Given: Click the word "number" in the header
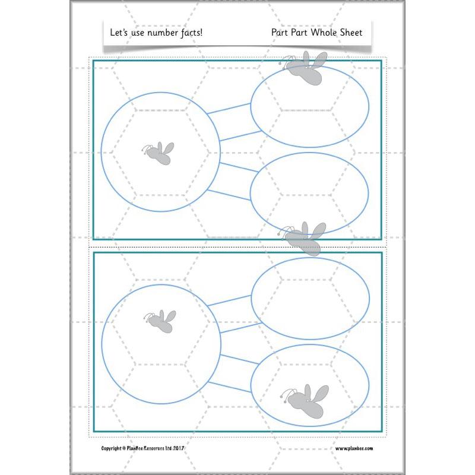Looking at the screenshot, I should tap(160, 32).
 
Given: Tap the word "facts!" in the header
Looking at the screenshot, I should tap(189, 32).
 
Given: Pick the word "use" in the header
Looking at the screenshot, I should tap(134, 32).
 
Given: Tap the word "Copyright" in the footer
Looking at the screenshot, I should tap(110, 448).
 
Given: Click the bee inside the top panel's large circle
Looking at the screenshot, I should tap(159, 153).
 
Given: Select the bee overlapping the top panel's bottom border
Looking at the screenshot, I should tap(305, 236).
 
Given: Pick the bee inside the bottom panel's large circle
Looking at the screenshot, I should tap(160, 320).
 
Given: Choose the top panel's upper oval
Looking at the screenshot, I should tap(310, 107).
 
